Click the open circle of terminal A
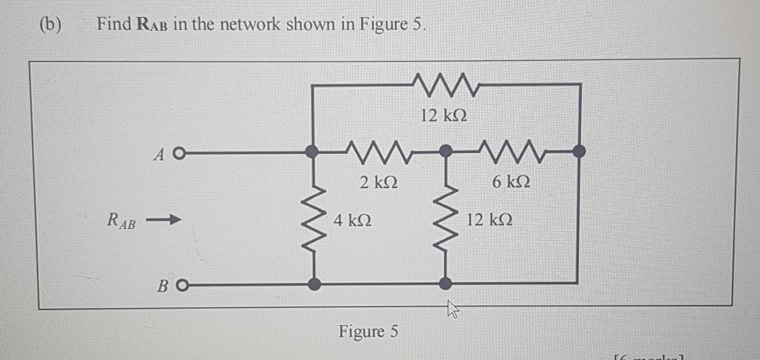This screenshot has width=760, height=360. pos(179,153)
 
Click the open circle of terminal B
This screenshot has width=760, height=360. pos(182,285)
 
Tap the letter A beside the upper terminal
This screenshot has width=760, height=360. pos(159,155)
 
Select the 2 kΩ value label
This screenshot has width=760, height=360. pos(378,183)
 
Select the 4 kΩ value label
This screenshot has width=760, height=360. pos(352,220)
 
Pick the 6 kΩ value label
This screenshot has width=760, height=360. pos(511,182)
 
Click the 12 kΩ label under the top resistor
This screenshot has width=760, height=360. pos(443,116)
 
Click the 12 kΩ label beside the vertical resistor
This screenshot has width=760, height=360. pos(489,220)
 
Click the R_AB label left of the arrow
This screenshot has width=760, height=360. pos(121,220)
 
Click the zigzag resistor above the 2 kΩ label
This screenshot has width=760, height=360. pos(379,152)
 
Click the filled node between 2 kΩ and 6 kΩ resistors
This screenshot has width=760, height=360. pos(446,151)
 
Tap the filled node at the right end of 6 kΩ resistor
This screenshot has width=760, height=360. pos(579,151)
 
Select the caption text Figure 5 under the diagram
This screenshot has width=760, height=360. pos(368,331)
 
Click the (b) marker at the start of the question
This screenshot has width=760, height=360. pos(51,25)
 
